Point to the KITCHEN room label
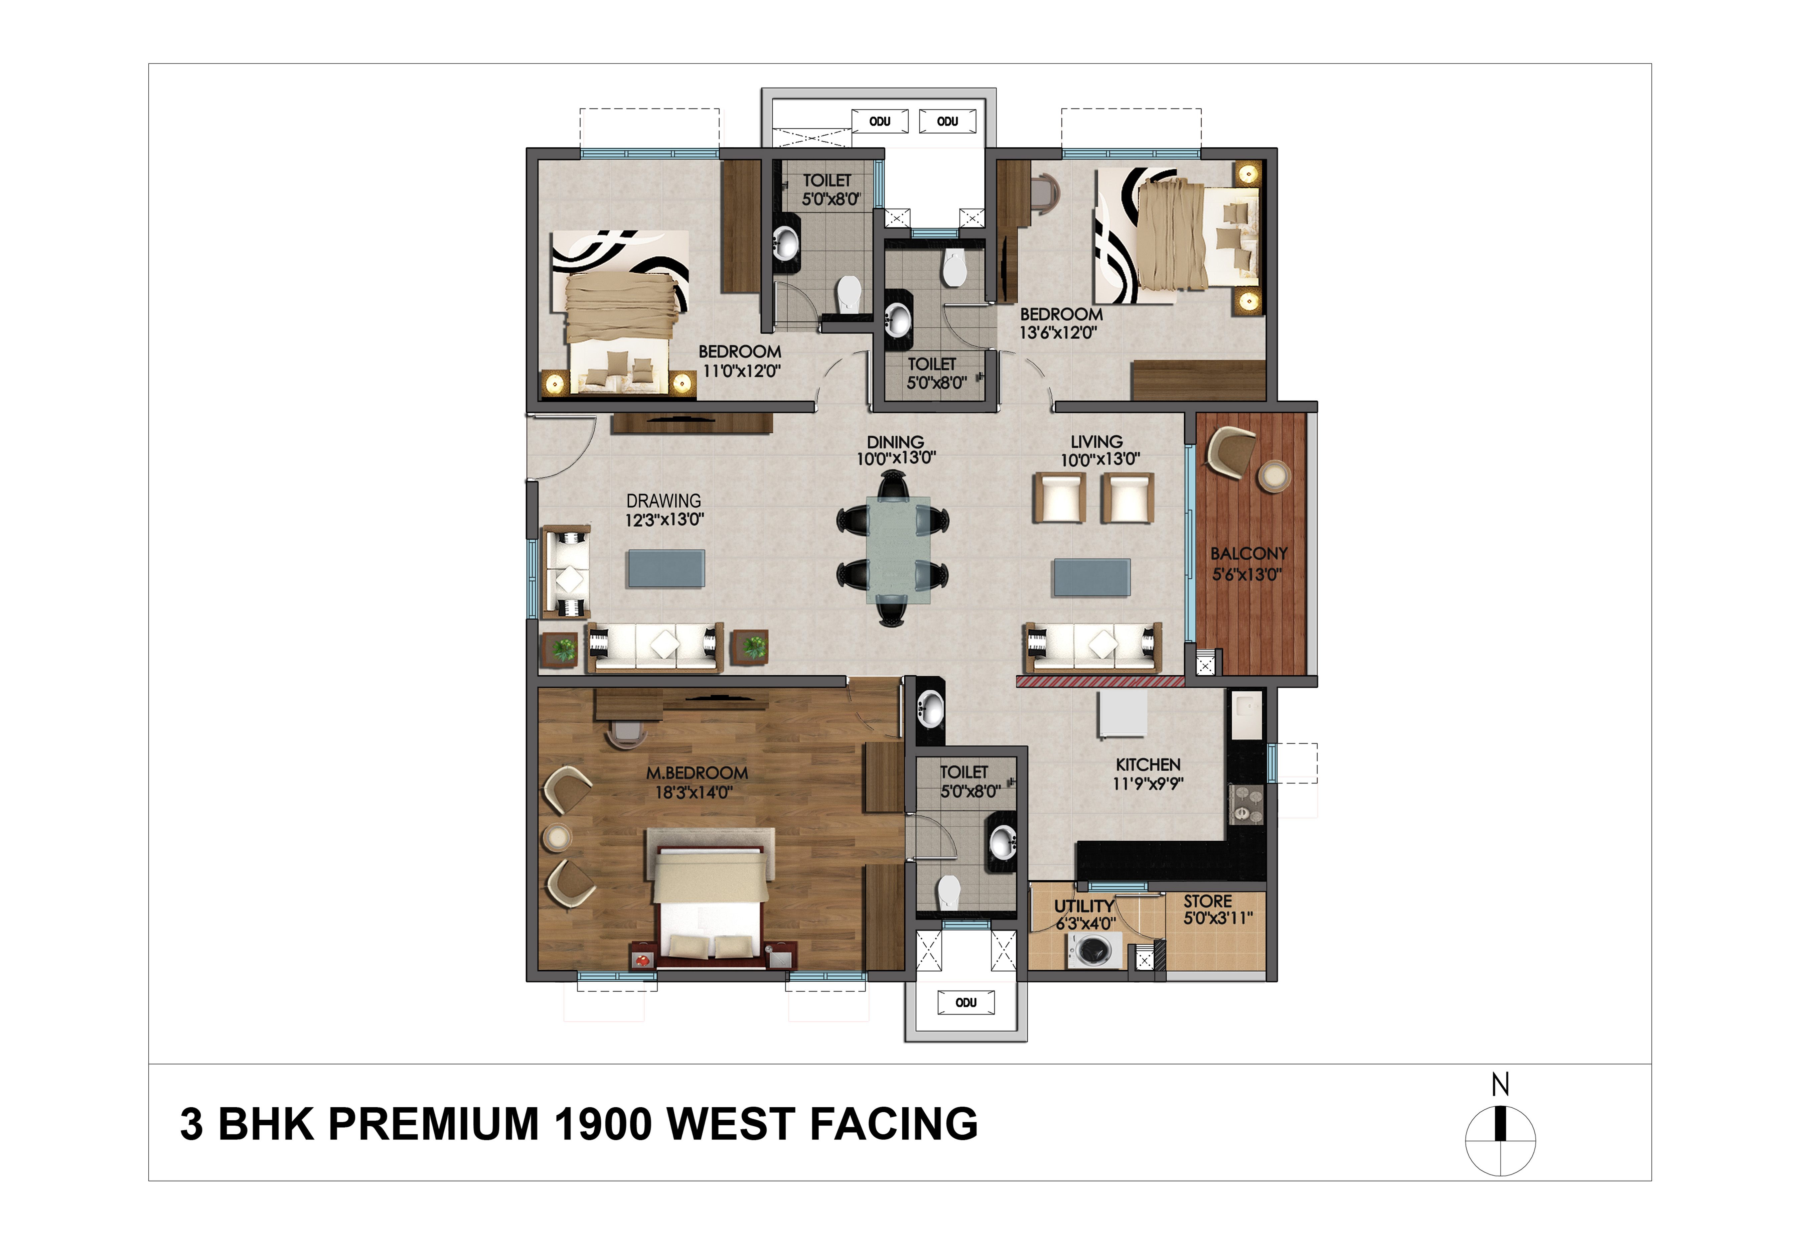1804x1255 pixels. point(1148,764)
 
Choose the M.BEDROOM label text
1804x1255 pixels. point(697,773)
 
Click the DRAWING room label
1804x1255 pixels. point(664,501)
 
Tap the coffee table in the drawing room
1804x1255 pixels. point(665,569)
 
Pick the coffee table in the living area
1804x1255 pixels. point(1092,578)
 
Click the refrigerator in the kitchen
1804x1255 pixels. point(1122,714)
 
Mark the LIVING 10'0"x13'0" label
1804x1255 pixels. point(1099,450)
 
